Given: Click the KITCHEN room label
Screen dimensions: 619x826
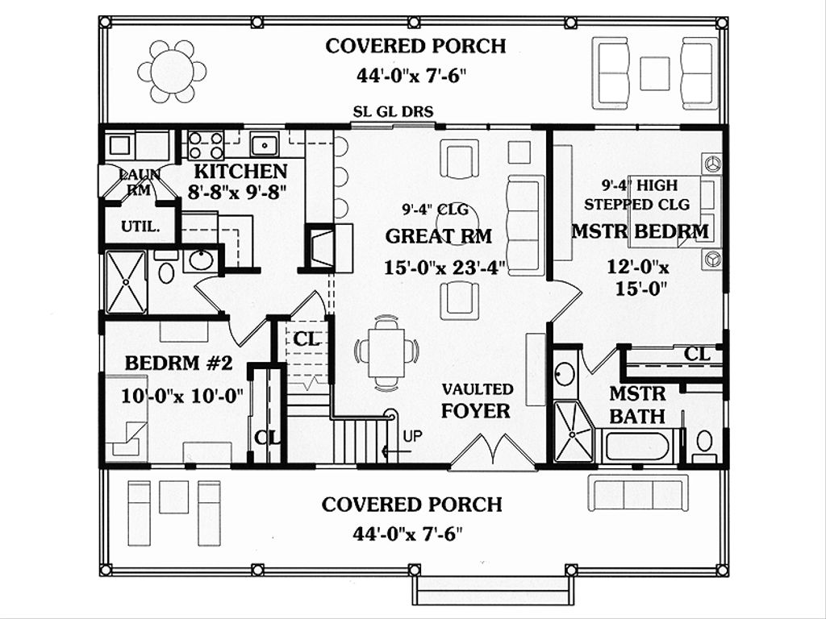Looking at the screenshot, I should (240, 171).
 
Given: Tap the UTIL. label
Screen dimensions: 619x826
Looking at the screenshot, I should (140, 226).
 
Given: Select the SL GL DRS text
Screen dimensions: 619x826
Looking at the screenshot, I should (394, 110).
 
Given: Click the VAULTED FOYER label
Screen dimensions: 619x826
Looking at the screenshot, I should (477, 401).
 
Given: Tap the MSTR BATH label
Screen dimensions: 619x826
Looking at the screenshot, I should (637, 405).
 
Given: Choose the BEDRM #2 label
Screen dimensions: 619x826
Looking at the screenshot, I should (178, 363).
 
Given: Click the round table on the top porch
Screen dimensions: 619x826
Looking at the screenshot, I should (172, 72).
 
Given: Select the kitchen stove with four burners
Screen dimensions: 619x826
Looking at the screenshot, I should (206, 146).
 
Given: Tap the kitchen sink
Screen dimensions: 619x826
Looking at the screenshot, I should (264, 145).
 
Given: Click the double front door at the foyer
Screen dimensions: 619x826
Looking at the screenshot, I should (493, 451).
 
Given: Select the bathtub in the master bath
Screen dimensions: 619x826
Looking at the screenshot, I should (637, 446).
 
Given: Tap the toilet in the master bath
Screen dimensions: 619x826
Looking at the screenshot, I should (703, 442).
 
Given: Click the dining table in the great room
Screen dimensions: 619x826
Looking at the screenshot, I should (386, 351).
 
